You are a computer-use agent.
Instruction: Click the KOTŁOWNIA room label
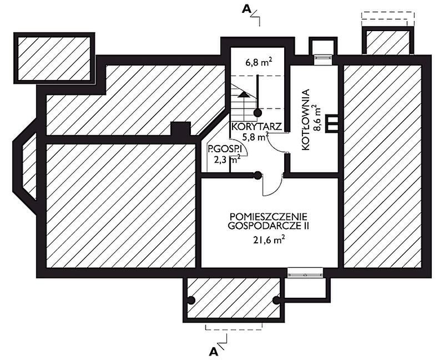(x=305, y=119)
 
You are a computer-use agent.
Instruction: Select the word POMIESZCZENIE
(x=269, y=217)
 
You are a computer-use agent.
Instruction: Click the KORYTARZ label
(x=256, y=127)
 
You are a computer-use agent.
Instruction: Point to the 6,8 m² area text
(x=257, y=62)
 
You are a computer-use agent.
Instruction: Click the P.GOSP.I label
(x=220, y=149)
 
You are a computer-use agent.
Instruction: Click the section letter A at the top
(x=246, y=9)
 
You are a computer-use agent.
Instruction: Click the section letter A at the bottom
(x=214, y=352)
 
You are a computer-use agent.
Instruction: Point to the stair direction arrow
(x=243, y=94)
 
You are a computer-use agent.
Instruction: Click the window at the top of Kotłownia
(x=324, y=57)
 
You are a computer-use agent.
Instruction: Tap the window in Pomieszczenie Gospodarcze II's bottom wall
(x=305, y=272)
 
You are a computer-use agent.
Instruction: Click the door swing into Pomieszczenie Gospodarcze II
(x=272, y=184)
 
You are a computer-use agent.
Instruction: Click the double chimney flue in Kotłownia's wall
(x=332, y=123)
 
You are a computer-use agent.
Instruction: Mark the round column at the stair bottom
(x=257, y=113)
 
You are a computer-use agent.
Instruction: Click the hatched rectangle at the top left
(x=54, y=58)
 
